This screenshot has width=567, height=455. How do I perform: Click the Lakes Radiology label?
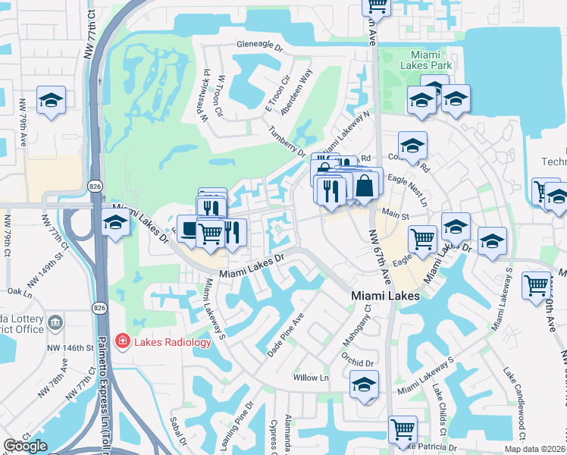click(x=172, y=342)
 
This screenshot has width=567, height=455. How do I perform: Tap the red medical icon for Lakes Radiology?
click(x=121, y=342)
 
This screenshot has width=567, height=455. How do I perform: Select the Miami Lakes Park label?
click(x=431, y=60)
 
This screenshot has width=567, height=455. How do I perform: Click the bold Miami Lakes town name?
click(x=384, y=295)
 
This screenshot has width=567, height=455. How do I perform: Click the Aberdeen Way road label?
click(x=296, y=93)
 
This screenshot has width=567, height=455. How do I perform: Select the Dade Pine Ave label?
click(x=286, y=334)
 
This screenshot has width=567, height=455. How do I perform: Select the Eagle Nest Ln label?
click(x=407, y=189)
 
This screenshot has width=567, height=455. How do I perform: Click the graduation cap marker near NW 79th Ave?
click(x=51, y=100)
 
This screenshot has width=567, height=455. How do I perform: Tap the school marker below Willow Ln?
click(x=364, y=384)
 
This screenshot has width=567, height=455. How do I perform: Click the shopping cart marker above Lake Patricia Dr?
click(x=403, y=429)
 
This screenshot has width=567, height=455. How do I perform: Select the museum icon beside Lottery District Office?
click(x=55, y=323)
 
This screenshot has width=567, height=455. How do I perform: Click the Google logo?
click(x=26, y=446)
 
